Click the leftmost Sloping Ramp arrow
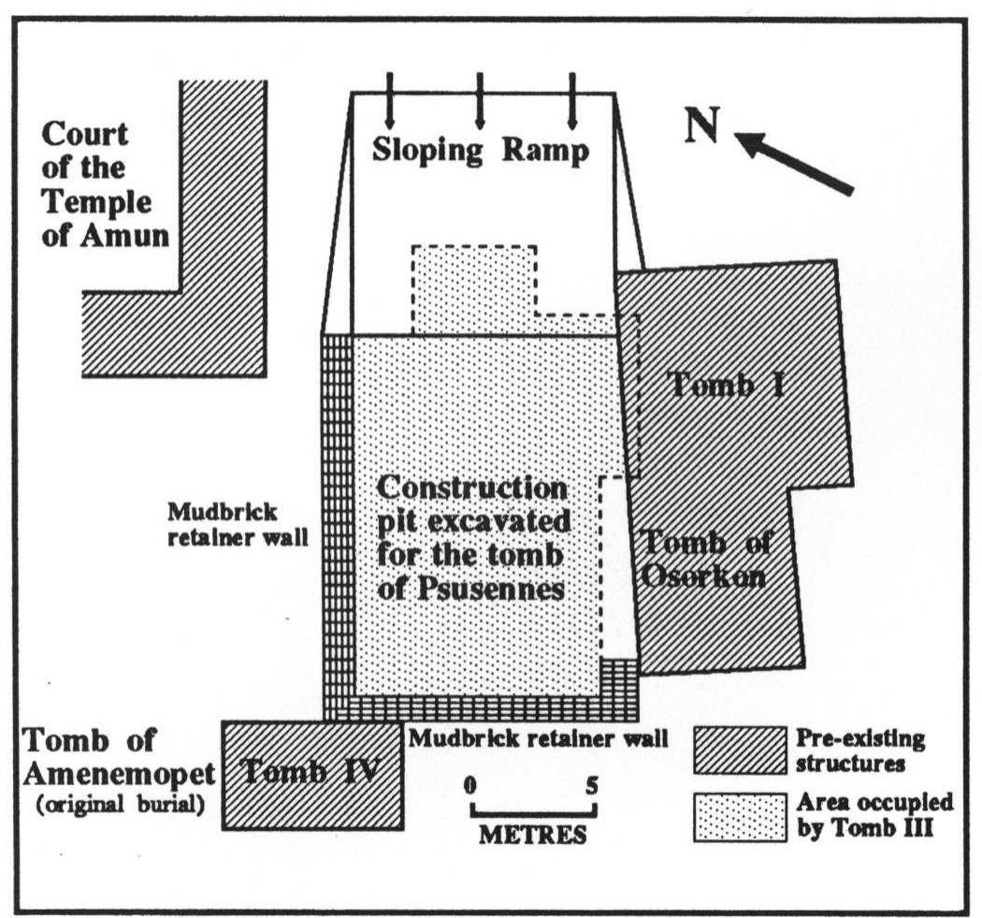point(390,110)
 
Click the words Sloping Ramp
point(481,151)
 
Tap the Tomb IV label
point(310,773)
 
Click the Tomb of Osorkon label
point(704,559)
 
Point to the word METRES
point(533,834)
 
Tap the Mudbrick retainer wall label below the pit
point(538,737)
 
